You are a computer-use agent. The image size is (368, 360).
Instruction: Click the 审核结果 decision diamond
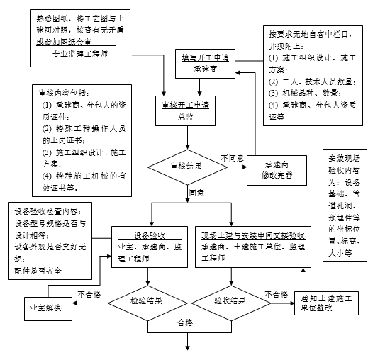[x=188, y=167]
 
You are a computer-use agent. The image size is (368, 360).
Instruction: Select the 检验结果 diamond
[x=149, y=300]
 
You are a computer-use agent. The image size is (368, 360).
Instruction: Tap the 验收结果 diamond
[x=229, y=300]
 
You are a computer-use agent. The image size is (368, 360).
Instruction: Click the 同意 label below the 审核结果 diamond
[x=197, y=192]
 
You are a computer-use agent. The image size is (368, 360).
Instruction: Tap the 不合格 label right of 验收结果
[x=277, y=292]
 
